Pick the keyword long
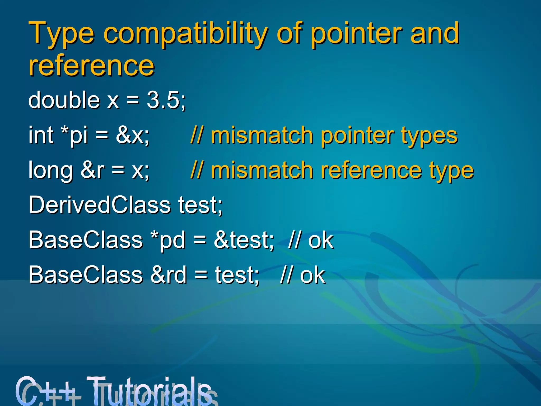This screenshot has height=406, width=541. point(50,171)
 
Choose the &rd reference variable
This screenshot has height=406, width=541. point(168,275)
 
